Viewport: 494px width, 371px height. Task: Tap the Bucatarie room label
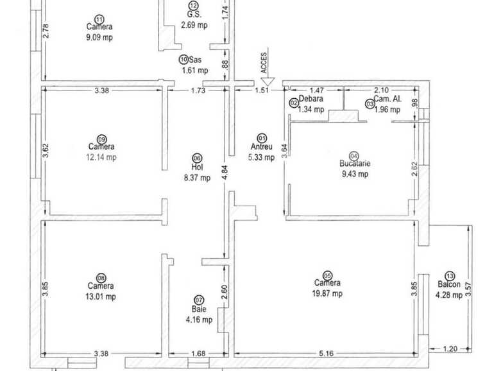coord(355,164)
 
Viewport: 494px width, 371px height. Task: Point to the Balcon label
coord(447,286)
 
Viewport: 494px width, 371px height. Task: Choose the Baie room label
coord(198,308)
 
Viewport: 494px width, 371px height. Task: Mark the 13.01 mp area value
coord(101,296)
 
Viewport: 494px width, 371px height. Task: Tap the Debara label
coord(311,99)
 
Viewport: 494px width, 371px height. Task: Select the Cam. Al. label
coord(388,99)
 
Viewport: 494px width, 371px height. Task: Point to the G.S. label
coord(194,15)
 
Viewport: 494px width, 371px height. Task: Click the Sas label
coord(196,60)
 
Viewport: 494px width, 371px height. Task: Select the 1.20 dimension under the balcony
coord(450,349)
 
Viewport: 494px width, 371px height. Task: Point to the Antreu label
coord(261,146)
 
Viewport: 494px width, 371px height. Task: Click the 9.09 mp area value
coord(99,37)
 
